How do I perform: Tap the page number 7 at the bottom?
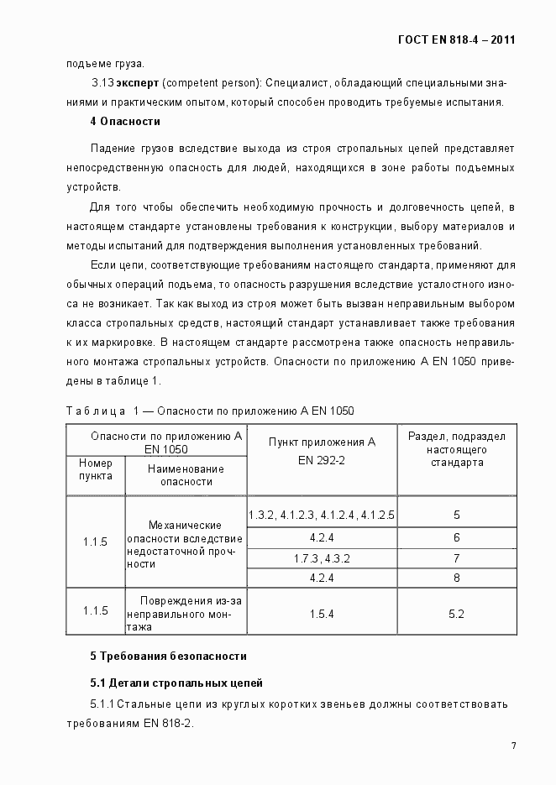coord(512,745)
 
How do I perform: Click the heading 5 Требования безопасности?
coord(168,655)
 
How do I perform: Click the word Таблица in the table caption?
coord(95,411)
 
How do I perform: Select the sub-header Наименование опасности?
coord(186,474)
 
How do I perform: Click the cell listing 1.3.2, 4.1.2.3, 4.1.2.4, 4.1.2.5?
coord(321,514)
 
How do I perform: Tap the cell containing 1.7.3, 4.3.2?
coord(321,557)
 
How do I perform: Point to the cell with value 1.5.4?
coord(321,614)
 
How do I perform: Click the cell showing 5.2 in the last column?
coord(456,614)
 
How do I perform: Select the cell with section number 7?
coord(456,557)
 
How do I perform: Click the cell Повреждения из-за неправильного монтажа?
coord(185,613)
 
